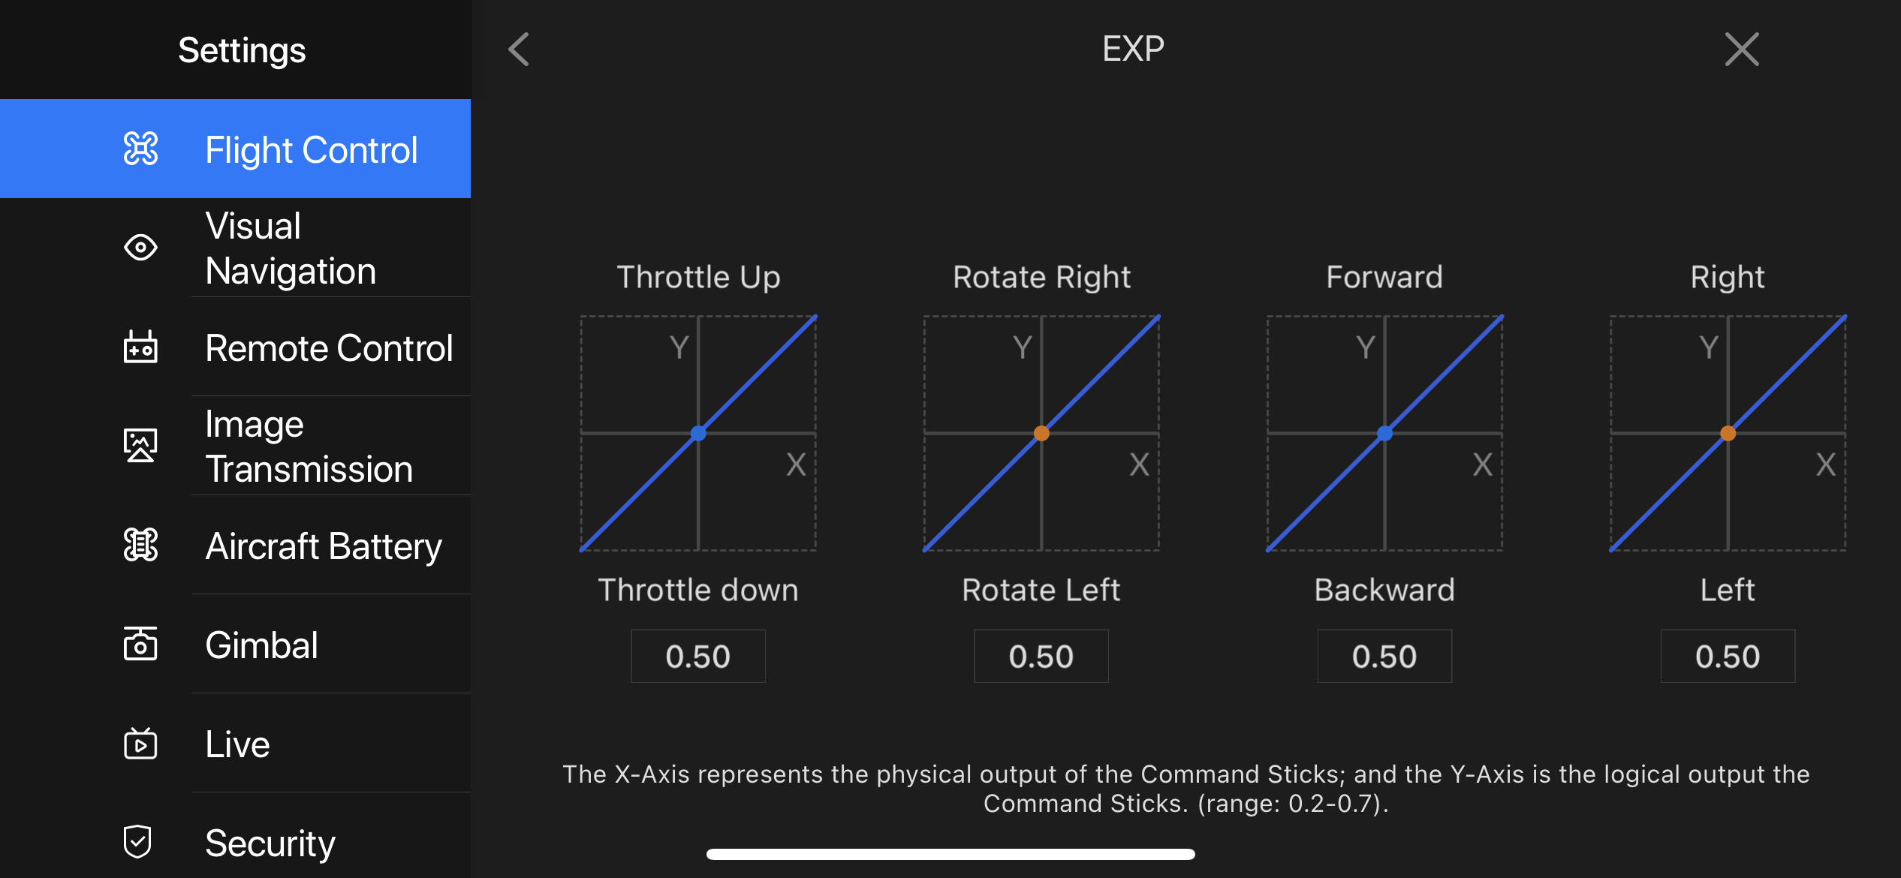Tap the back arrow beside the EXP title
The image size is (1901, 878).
coord(519,50)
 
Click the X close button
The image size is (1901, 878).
coord(1742,50)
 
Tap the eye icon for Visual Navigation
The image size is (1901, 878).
coord(140,247)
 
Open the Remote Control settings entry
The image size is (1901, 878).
coord(329,347)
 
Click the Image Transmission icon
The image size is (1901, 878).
coord(140,445)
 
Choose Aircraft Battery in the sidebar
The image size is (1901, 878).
coord(324,546)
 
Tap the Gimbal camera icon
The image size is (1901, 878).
coord(140,644)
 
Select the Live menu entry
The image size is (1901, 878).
coord(237,744)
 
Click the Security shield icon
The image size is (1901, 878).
coord(138,841)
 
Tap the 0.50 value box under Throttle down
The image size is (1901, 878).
coord(698,656)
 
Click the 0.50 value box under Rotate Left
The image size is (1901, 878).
coord(1041,656)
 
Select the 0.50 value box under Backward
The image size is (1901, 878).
coord(1384,656)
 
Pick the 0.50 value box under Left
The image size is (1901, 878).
coord(1728,656)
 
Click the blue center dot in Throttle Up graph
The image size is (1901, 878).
coord(698,433)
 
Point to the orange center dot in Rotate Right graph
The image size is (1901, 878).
coord(1041,433)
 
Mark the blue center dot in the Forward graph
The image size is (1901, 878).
coord(1384,433)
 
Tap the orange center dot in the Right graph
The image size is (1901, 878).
coord(1728,433)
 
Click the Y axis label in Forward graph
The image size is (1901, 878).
coord(1366,347)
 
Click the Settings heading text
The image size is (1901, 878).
coord(242,50)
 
